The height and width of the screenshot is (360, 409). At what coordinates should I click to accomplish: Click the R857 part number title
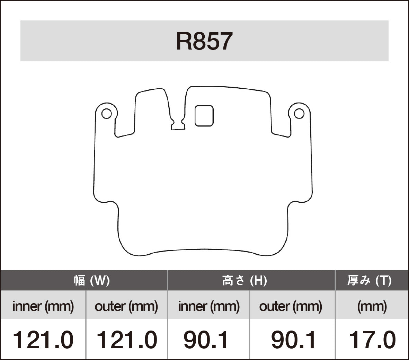(204, 41)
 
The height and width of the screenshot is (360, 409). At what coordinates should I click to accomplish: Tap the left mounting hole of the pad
(106, 114)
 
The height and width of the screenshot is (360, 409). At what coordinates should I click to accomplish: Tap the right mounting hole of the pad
(299, 114)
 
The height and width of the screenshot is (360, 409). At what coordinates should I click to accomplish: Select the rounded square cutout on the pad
(204, 116)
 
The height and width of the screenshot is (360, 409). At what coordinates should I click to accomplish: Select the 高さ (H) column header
(244, 280)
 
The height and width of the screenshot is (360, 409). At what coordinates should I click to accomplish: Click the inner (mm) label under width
(43, 306)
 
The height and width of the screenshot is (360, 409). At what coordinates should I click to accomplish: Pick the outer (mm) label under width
(126, 306)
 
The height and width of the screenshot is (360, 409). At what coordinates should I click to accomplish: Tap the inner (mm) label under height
(209, 306)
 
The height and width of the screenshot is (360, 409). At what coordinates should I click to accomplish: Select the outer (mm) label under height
(291, 306)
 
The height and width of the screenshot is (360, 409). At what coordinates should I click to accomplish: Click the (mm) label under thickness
(372, 306)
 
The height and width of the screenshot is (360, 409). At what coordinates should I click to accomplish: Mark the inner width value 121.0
(43, 340)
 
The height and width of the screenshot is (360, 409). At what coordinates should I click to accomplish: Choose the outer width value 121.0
(126, 340)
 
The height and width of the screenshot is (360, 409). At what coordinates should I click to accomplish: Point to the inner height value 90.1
(206, 340)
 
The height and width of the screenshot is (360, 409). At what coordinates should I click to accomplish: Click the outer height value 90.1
(293, 340)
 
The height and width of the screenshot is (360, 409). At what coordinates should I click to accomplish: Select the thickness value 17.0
(372, 340)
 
